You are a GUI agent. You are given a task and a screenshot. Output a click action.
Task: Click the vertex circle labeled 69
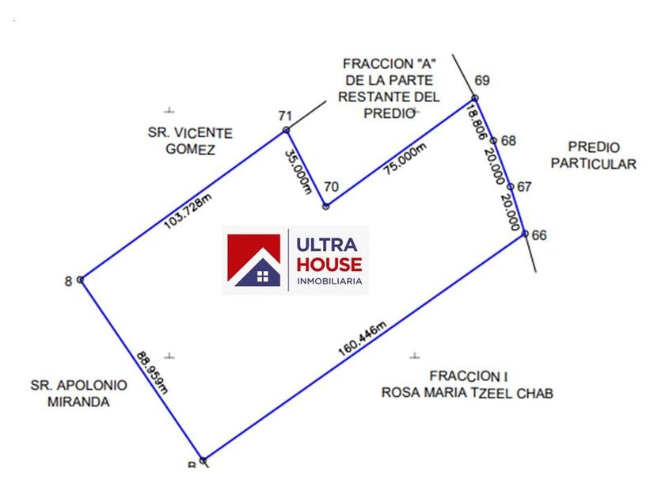click(x=476, y=98)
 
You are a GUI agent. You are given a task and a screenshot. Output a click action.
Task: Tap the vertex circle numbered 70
click(x=325, y=207)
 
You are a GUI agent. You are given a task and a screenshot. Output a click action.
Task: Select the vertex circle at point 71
click(x=287, y=130)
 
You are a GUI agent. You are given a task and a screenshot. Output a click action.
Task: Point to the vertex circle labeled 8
click(x=80, y=280)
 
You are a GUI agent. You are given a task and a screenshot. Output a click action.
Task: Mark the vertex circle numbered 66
click(x=525, y=234)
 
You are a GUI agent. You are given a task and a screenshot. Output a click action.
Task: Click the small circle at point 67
click(x=511, y=187)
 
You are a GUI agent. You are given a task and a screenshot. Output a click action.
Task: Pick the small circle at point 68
click(x=493, y=140)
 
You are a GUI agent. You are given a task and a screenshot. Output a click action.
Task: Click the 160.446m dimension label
click(x=363, y=339)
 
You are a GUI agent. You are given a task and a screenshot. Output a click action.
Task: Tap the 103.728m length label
click(x=188, y=211)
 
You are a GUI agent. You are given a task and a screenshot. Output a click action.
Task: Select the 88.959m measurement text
click(x=152, y=372)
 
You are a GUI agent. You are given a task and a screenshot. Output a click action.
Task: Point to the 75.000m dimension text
click(x=405, y=158)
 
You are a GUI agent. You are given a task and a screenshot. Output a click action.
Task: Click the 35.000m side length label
click(x=298, y=171)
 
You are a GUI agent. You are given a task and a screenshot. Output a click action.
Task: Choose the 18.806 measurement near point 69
click(x=476, y=122)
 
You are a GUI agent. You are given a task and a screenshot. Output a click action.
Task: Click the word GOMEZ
click(x=191, y=150)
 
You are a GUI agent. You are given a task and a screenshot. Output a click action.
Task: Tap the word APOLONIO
click(x=91, y=385)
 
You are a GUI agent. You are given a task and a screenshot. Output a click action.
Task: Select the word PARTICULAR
click(x=594, y=164)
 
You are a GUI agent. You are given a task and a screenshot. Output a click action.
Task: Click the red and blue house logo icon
click(x=253, y=260)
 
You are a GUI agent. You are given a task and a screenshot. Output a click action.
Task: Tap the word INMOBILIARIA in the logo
click(x=329, y=281)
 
